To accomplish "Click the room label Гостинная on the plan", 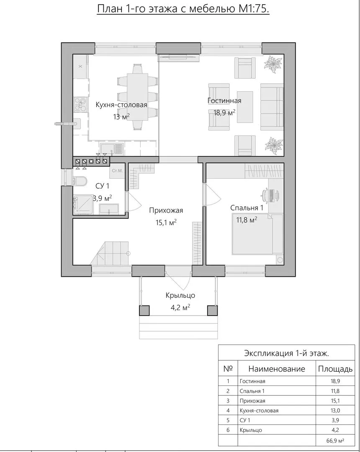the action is tap(224, 100).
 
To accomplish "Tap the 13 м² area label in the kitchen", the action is tap(121, 117).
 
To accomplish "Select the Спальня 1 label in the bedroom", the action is tap(247, 208).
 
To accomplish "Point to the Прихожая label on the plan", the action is tap(166, 211).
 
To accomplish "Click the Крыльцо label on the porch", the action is tap(180, 295).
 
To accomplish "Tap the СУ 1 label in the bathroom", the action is tap(102, 186).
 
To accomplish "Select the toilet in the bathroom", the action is tap(81, 181).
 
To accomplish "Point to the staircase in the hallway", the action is tap(110, 253).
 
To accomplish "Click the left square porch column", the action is tap(145, 311).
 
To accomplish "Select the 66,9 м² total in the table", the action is tap(335, 440).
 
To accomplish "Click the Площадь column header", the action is tap(335, 369).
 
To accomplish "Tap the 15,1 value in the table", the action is tap(335, 401).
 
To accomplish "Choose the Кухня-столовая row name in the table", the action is tap(259, 411).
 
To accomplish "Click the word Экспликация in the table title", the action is tap(268, 353).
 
